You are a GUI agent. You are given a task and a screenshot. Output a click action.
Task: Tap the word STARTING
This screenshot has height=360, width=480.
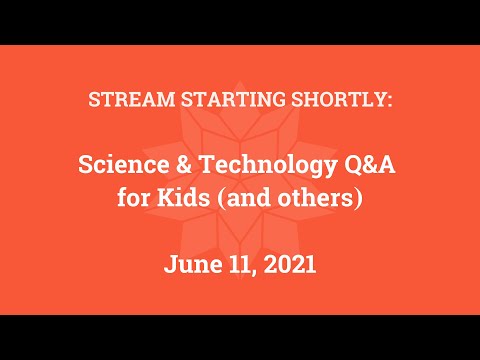pos(210,100)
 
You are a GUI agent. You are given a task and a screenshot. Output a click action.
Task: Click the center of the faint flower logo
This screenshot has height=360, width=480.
pos(240,180)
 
